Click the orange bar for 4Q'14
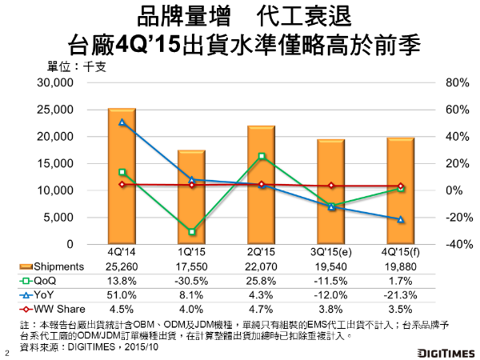122,176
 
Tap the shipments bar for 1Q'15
191,197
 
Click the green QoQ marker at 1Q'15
192,232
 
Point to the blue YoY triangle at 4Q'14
122,122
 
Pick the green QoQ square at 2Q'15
262,157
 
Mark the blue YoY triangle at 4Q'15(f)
401,219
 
